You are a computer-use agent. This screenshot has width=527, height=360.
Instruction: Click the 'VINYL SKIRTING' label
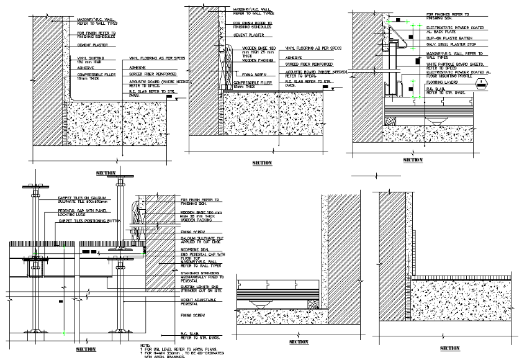[89, 60]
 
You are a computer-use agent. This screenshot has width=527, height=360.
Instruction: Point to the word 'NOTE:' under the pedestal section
[145, 345]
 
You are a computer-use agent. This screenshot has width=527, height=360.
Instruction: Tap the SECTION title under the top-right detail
[413, 160]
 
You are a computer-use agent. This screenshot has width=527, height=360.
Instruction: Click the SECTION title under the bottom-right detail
[449, 348]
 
